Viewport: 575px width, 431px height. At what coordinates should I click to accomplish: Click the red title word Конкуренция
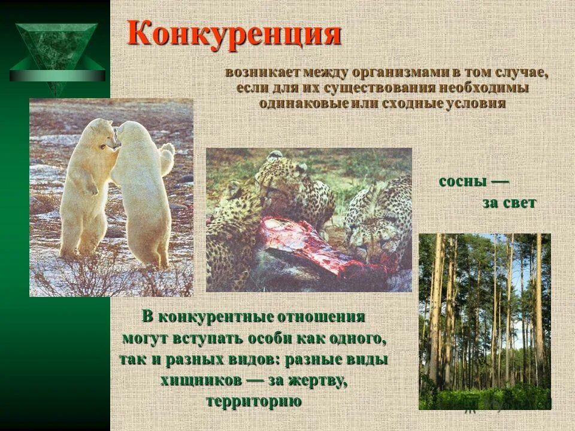pyautogui.click(x=234, y=34)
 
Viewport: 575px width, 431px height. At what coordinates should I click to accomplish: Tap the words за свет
pyautogui.click(x=509, y=203)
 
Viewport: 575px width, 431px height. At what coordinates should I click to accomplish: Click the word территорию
pyautogui.click(x=254, y=400)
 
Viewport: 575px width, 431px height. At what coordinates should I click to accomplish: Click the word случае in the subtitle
pyautogui.click(x=520, y=73)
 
